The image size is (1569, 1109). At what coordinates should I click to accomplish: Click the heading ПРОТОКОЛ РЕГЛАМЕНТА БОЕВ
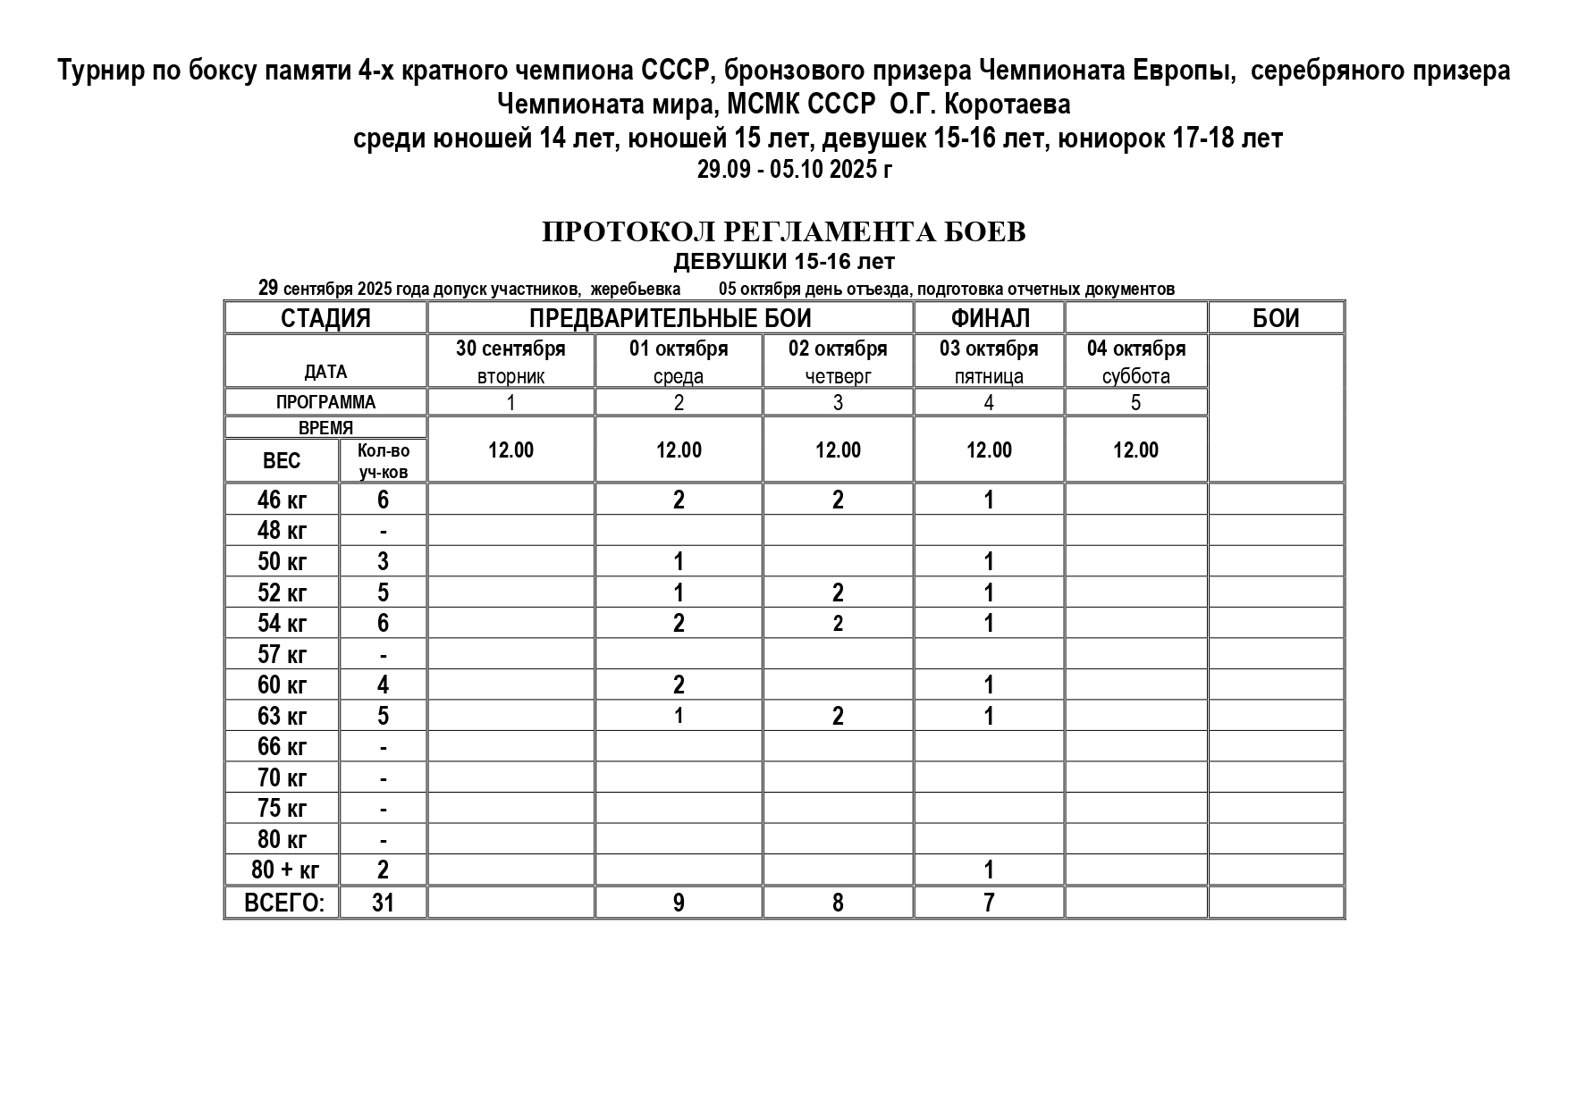tap(783, 232)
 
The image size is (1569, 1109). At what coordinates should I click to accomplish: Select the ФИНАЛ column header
tap(989, 318)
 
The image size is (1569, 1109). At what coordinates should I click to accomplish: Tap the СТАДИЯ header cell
tap(325, 318)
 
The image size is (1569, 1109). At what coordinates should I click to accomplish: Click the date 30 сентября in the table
tap(510, 349)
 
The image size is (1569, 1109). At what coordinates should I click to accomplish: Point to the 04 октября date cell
tap(1135, 349)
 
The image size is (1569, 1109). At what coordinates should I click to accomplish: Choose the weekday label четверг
tap(838, 376)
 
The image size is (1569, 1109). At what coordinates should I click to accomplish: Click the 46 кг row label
tap(282, 500)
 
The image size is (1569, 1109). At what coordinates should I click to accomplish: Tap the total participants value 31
tap(383, 903)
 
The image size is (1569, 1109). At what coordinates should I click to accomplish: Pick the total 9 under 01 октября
tap(679, 903)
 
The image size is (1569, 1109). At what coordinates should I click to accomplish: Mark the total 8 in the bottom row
tap(838, 903)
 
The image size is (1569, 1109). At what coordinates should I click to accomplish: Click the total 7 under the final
tap(989, 903)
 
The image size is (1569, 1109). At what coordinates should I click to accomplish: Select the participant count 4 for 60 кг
tap(383, 685)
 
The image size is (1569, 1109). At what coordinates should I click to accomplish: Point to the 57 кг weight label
tap(282, 654)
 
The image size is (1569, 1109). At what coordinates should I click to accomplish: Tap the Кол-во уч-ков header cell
tap(383, 461)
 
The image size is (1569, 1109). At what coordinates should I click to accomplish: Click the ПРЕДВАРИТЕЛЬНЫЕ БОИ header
tap(670, 318)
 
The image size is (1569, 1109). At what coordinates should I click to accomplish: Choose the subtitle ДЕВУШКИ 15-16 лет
tap(783, 262)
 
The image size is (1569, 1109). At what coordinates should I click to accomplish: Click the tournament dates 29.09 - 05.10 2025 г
tap(794, 170)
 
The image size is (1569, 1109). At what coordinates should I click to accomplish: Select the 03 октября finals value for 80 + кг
tap(989, 870)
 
